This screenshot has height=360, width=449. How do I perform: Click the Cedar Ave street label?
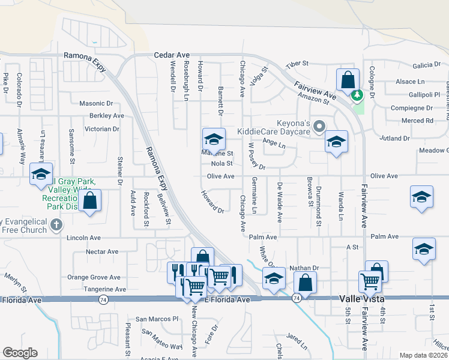pyautogui.click(x=172, y=54)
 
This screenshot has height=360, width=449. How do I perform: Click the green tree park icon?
pyautogui.click(x=357, y=95)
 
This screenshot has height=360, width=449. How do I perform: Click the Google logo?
pyautogui.click(x=20, y=353)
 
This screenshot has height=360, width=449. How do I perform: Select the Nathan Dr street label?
pyautogui.click(x=303, y=268)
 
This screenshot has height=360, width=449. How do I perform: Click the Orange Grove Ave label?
pyautogui.click(x=94, y=277)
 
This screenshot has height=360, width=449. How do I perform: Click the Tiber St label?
pyautogui.click(x=297, y=63)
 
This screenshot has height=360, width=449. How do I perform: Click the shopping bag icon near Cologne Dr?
pyautogui.click(x=348, y=79)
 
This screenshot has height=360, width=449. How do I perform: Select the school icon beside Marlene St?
pyautogui.click(x=213, y=139)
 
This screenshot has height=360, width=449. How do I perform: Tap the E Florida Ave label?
pyautogui.click(x=227, y=299)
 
